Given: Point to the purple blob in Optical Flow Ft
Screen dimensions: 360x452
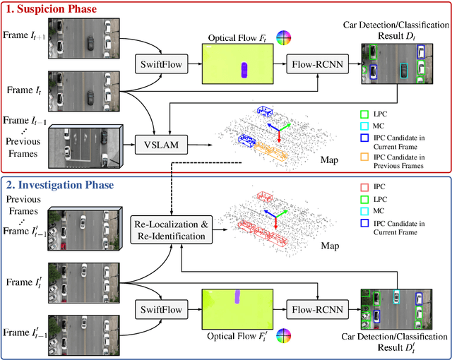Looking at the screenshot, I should [x=244, y=70].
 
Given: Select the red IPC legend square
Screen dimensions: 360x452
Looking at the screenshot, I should [x=364, y=186].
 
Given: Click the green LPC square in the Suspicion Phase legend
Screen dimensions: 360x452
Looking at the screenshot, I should [x=364, y=112].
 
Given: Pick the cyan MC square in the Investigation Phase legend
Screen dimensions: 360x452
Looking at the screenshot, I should [x=364, y=212].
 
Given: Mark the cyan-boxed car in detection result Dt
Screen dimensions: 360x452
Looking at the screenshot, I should [x=403, y=71].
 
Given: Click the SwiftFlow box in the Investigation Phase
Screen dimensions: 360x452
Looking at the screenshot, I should [x=162, y=308].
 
